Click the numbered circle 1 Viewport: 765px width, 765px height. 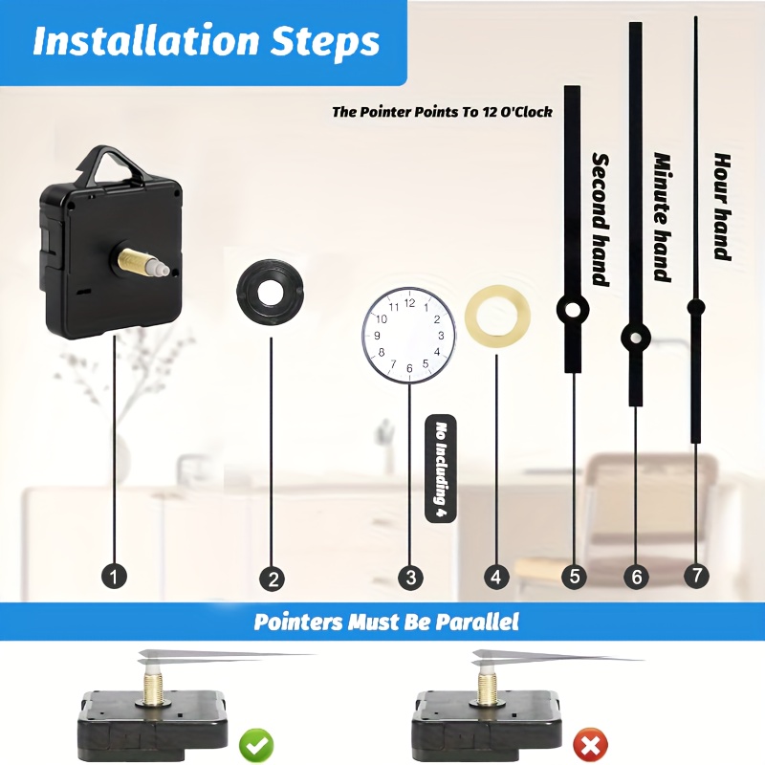[x=114, y=578]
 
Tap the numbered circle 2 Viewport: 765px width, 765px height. [x=273, y=579]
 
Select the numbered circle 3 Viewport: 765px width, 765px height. [x=410, y=578]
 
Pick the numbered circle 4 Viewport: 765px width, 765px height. [x=496, y=578]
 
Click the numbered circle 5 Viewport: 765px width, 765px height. [x=575, y=577]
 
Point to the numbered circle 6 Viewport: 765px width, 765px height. [x=637, y=578]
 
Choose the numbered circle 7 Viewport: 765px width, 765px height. [x=696, y=575]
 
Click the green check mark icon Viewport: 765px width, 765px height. [x=256, y=745]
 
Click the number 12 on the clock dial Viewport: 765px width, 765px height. [x=410, y=303]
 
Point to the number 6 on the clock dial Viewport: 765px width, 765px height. [x=409, y=368]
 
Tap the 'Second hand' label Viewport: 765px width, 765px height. [x=601, y=219]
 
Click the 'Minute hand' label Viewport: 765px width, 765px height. [x=662, y=217]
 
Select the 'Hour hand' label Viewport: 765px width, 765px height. [x=722, y=207]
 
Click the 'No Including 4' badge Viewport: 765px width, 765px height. [x=441, y=469]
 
